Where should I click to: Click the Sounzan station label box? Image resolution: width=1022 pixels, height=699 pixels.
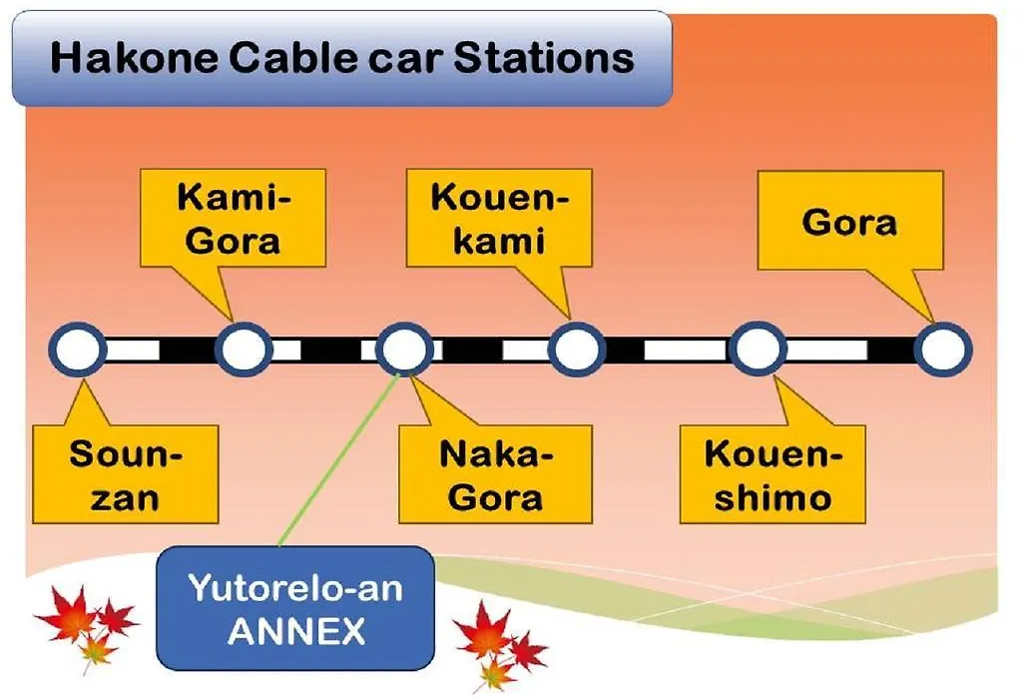(125, 474)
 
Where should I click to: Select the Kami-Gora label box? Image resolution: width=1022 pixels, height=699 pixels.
(233, 219)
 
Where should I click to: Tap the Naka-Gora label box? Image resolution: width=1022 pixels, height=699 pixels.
(495, 474)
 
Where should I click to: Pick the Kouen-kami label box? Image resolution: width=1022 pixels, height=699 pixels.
(499, 219)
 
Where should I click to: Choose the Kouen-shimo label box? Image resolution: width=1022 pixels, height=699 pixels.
(772, 474)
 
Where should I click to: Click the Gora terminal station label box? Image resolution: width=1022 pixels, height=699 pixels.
(850, 221)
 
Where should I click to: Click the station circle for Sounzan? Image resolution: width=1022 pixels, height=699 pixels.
(78, 349)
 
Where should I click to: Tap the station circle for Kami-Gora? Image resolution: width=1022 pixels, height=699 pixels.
(244, 349)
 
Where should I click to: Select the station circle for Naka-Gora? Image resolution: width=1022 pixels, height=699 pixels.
(405, 349)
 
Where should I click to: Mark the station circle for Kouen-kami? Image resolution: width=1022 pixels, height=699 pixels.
(577, 349)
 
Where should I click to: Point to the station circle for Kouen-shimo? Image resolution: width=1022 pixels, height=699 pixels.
(759, 349)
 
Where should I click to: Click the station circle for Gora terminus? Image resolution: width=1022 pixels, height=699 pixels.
(943, 349)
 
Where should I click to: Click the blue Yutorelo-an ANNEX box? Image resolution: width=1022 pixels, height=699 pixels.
(295, 608)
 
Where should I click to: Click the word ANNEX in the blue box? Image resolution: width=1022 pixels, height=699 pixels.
(295, 631)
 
